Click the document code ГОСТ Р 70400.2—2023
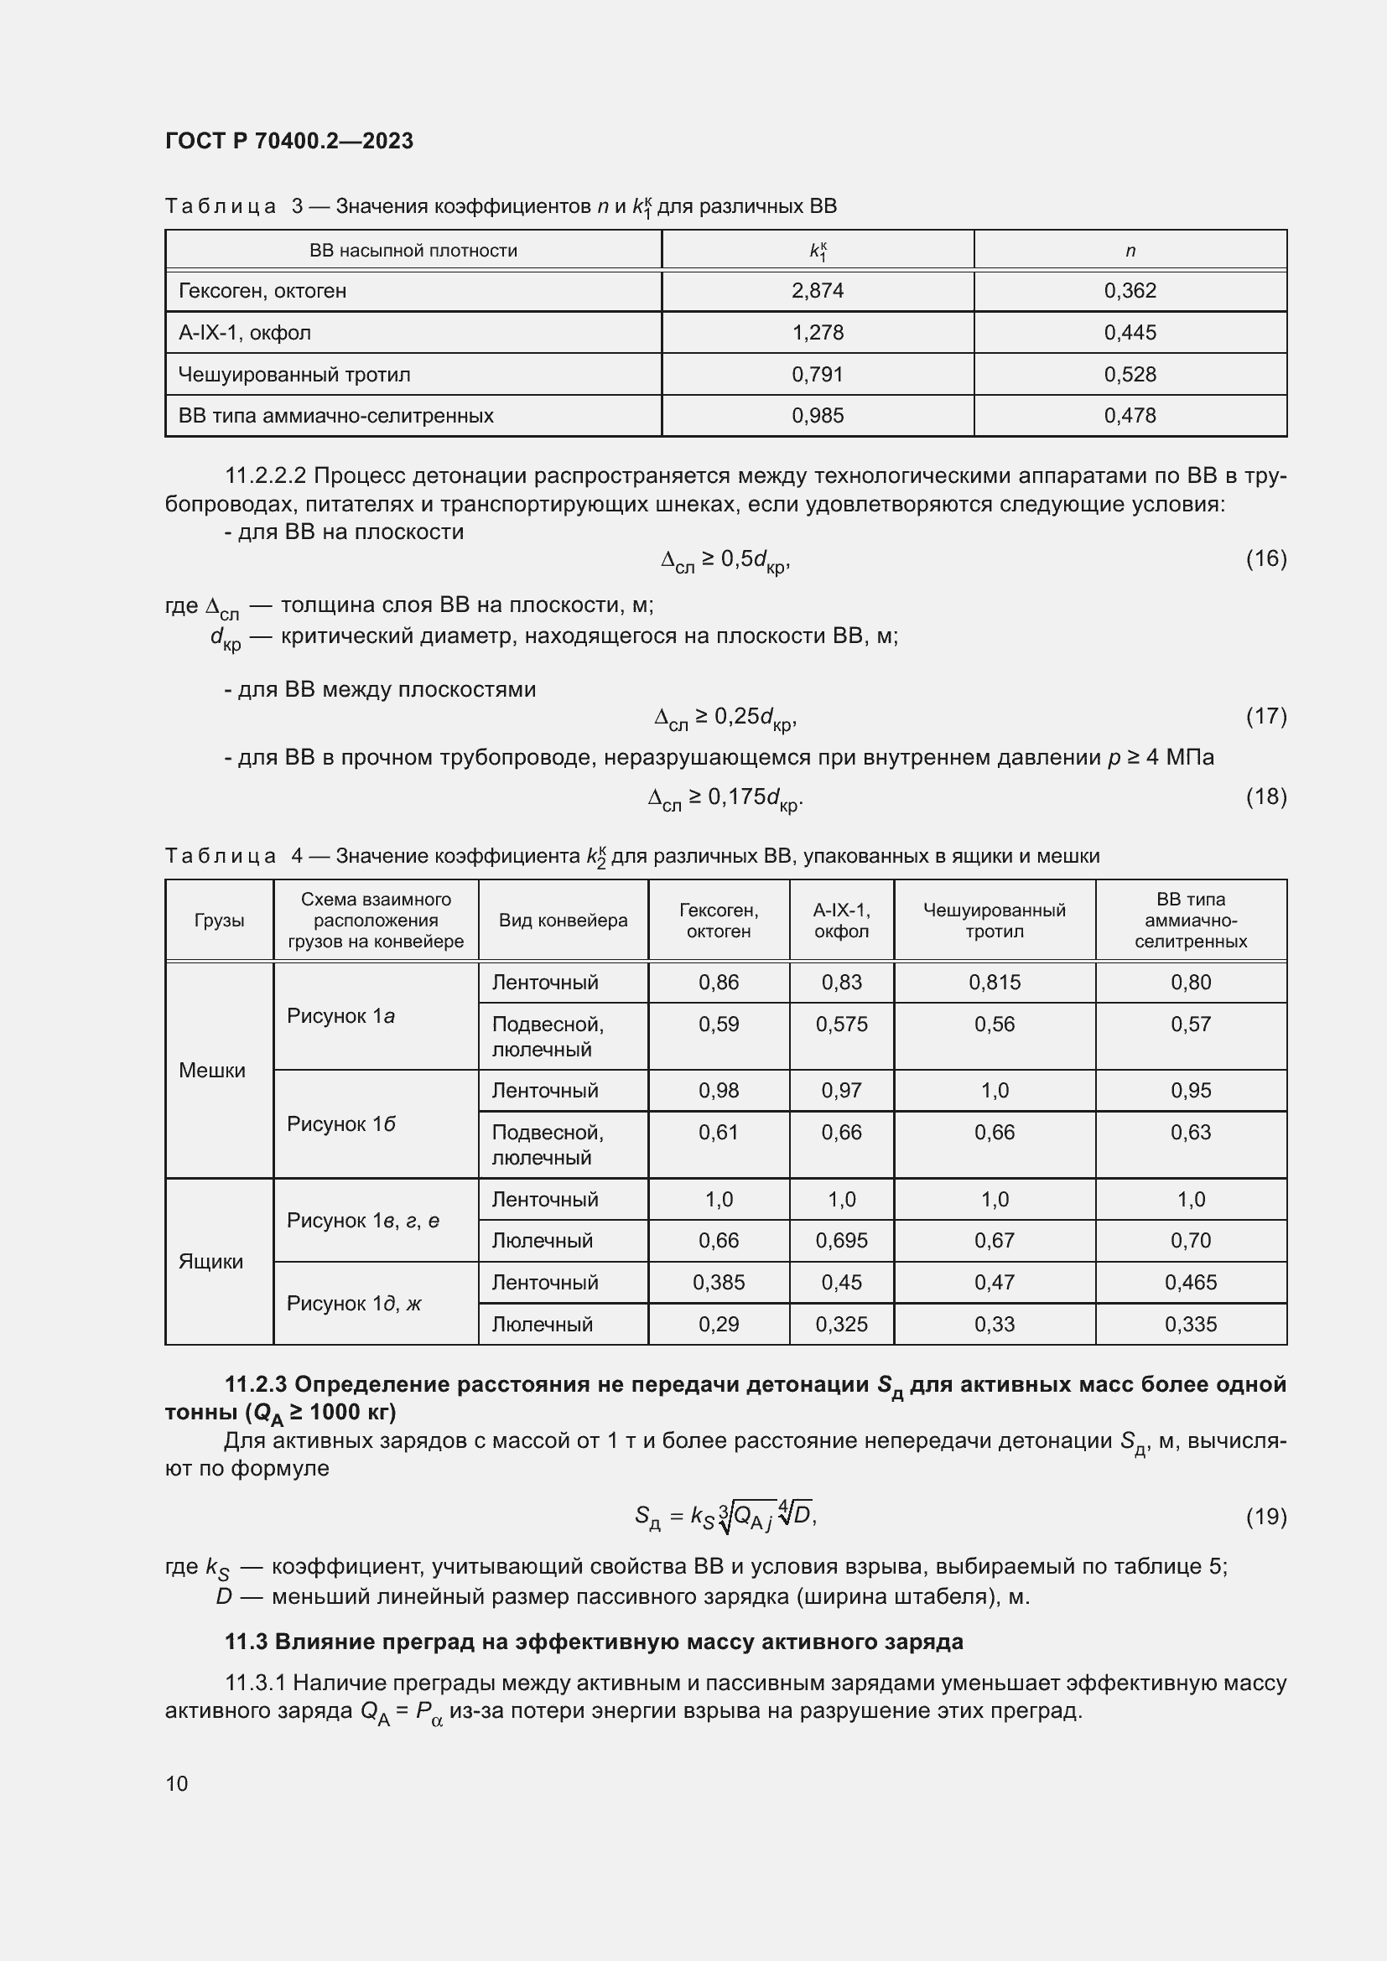tap(288, 141)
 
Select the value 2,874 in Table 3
tap(818, 290)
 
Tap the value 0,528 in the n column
tap(1129, 374)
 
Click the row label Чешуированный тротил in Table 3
tap(294, 374)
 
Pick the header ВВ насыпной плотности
tap(413, 250)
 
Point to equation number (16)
tap(1265, 558)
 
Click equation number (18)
tap(1265, 796)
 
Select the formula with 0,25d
tap(725, 719)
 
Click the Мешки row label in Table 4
tap(212, 1070)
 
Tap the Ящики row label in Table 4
tap(211, 1262)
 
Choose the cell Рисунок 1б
tap(340, 1123)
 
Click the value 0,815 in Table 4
tap(995, 983)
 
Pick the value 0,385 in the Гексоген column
tap(719, 1282)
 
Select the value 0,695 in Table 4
tap(841, 1240)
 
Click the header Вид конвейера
tap(563, 920)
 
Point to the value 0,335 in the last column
tap(1191, 1324)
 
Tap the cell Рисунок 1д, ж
tap(354, 1304)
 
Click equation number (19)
tap(1265, 1516)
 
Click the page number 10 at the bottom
tap(177, 1783)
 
